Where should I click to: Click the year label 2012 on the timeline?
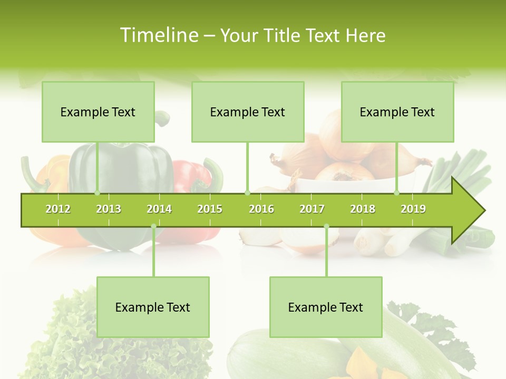click(x=58, y=209)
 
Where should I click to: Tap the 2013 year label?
click(x=109, y=209)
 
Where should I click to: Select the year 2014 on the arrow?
click(x=159, y=209)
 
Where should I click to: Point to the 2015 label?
click(x=210, y=209)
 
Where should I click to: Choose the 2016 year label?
click(x=261, y=209)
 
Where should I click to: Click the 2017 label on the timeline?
click(x=312, y=209)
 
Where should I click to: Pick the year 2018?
click(x=363, y=209)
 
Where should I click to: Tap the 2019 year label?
click(x=413, y=209)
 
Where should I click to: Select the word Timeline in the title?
click(x=158, y=35)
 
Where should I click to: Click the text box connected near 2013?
click(x=98, y=112)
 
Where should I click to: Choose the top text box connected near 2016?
click(x=248, y=112)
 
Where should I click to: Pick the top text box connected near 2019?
click(x=397, y=112)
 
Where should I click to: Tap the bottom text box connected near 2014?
click(x=153, y=307)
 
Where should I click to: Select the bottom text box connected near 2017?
click(x=326, y=307)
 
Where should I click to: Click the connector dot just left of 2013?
click(x=97, y=193)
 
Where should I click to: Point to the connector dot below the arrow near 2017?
click(x=326, y=226)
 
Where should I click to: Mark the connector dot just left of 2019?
click(x=397, y=193)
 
